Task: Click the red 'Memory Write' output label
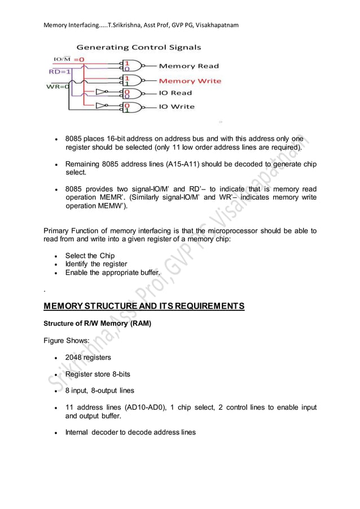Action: (190, 81)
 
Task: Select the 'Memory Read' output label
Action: (188, 67)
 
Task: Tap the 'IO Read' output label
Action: (175, 93)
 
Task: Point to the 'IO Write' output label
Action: (176, 107)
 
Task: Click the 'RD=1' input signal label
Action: (59, 72)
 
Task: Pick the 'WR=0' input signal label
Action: (57, 86)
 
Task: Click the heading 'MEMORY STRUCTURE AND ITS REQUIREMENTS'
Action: (144, 306)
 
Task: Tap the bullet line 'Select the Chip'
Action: (90, 256)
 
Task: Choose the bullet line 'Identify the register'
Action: (96, 264)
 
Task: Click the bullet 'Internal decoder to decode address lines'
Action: (130, 432)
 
